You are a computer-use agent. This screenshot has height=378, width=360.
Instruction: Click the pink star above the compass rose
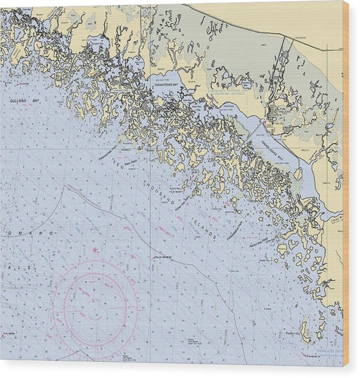click(95, 251)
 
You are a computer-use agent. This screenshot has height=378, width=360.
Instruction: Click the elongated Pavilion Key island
click(304, 331)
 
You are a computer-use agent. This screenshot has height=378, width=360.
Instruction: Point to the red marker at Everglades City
click(270, 122)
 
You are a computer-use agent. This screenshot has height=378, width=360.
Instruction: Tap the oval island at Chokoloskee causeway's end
click(298, 174)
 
